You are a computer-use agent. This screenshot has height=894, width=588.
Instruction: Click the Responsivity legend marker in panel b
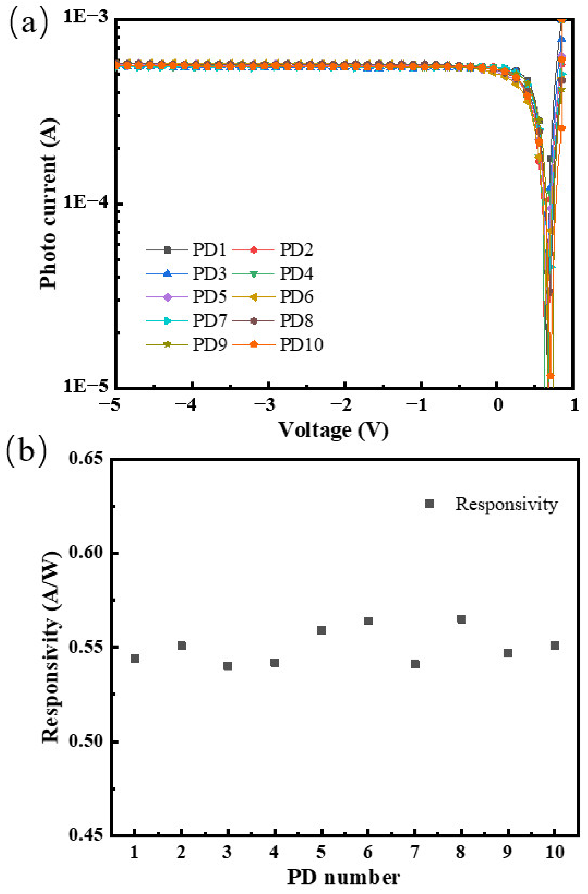429,504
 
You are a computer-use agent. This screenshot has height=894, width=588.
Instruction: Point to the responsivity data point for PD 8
461,619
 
